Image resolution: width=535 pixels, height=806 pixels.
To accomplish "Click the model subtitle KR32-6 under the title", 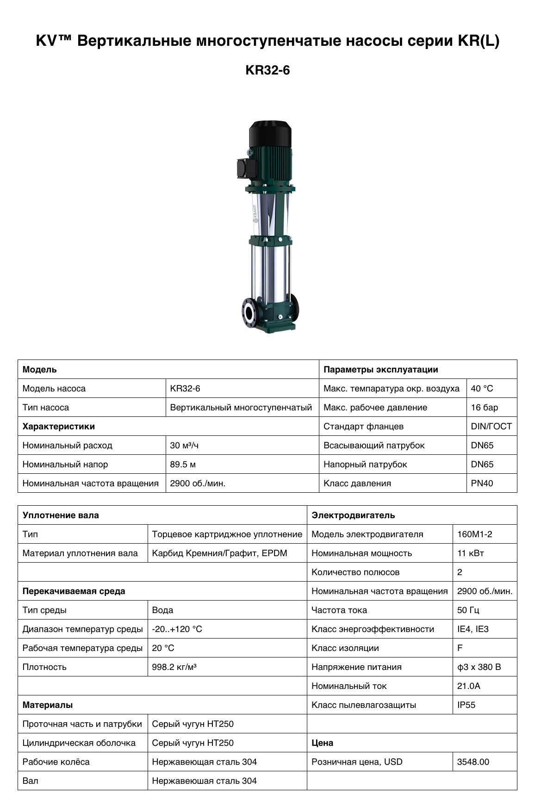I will coord(267,70).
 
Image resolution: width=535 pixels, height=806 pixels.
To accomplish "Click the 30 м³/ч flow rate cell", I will coord(184,446).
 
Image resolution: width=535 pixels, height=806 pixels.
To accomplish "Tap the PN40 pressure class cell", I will coord(482,484).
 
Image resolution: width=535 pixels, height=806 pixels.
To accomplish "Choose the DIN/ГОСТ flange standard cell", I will coord(491,427).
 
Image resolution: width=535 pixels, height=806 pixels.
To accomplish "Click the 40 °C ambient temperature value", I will coord(482,389).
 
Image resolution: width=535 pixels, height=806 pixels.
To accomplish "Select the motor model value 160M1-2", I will coord(474,534).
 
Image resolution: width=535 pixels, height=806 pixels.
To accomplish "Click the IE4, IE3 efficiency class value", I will coord(473,629).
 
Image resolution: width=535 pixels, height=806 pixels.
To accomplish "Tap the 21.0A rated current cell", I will coord(468,686).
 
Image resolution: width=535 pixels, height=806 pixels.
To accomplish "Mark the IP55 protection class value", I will coord(466,705).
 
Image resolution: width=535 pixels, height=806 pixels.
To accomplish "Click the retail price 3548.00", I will coord(473,762).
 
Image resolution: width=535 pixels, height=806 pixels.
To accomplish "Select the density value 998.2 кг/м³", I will coord(174,667).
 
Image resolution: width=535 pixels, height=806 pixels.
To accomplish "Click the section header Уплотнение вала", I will coord(61,515).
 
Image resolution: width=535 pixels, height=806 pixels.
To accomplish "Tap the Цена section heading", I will coord(323,743).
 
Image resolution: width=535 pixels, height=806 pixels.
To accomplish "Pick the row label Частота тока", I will coord(339,610).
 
